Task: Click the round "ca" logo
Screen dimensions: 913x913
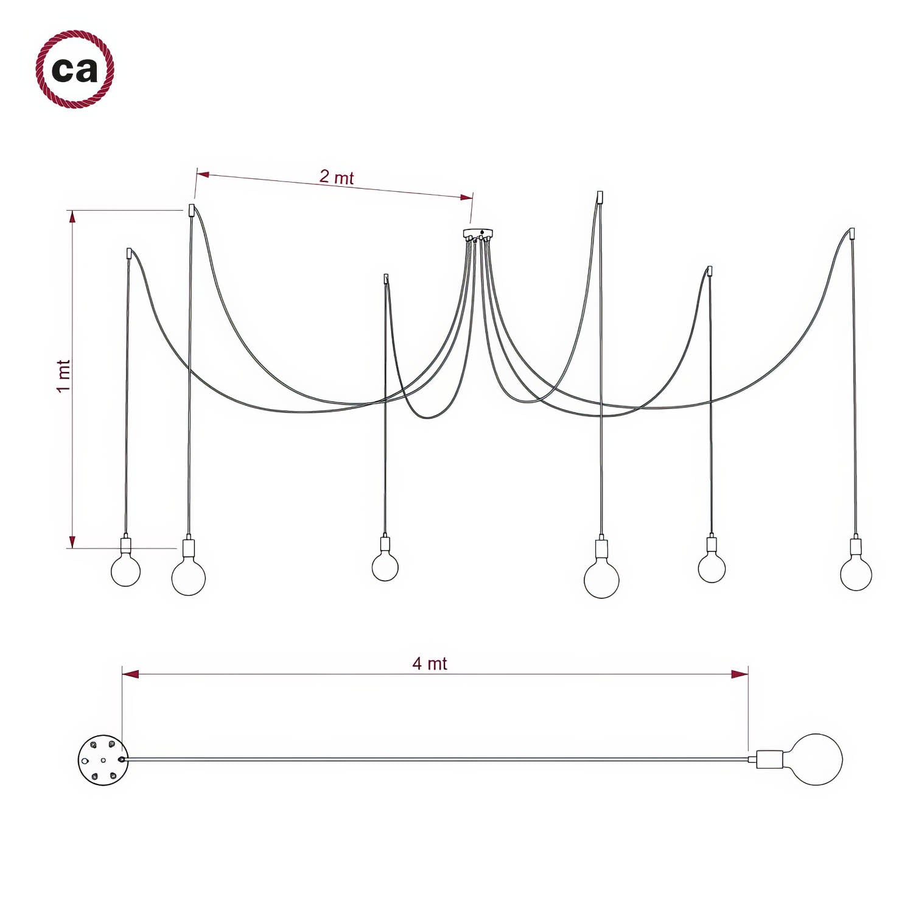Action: (x=75, y=69)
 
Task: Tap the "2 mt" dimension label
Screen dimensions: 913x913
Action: (x=337, y=177)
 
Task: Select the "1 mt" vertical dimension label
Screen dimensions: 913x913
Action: (x=63, y=376)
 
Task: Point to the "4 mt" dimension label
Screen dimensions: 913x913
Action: (x=430, y=663)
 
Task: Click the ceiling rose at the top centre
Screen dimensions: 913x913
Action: (x=478, y=234)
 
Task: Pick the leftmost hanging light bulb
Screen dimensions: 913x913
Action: (x=126, y=570)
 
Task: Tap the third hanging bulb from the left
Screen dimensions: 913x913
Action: (x=385, y=567)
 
